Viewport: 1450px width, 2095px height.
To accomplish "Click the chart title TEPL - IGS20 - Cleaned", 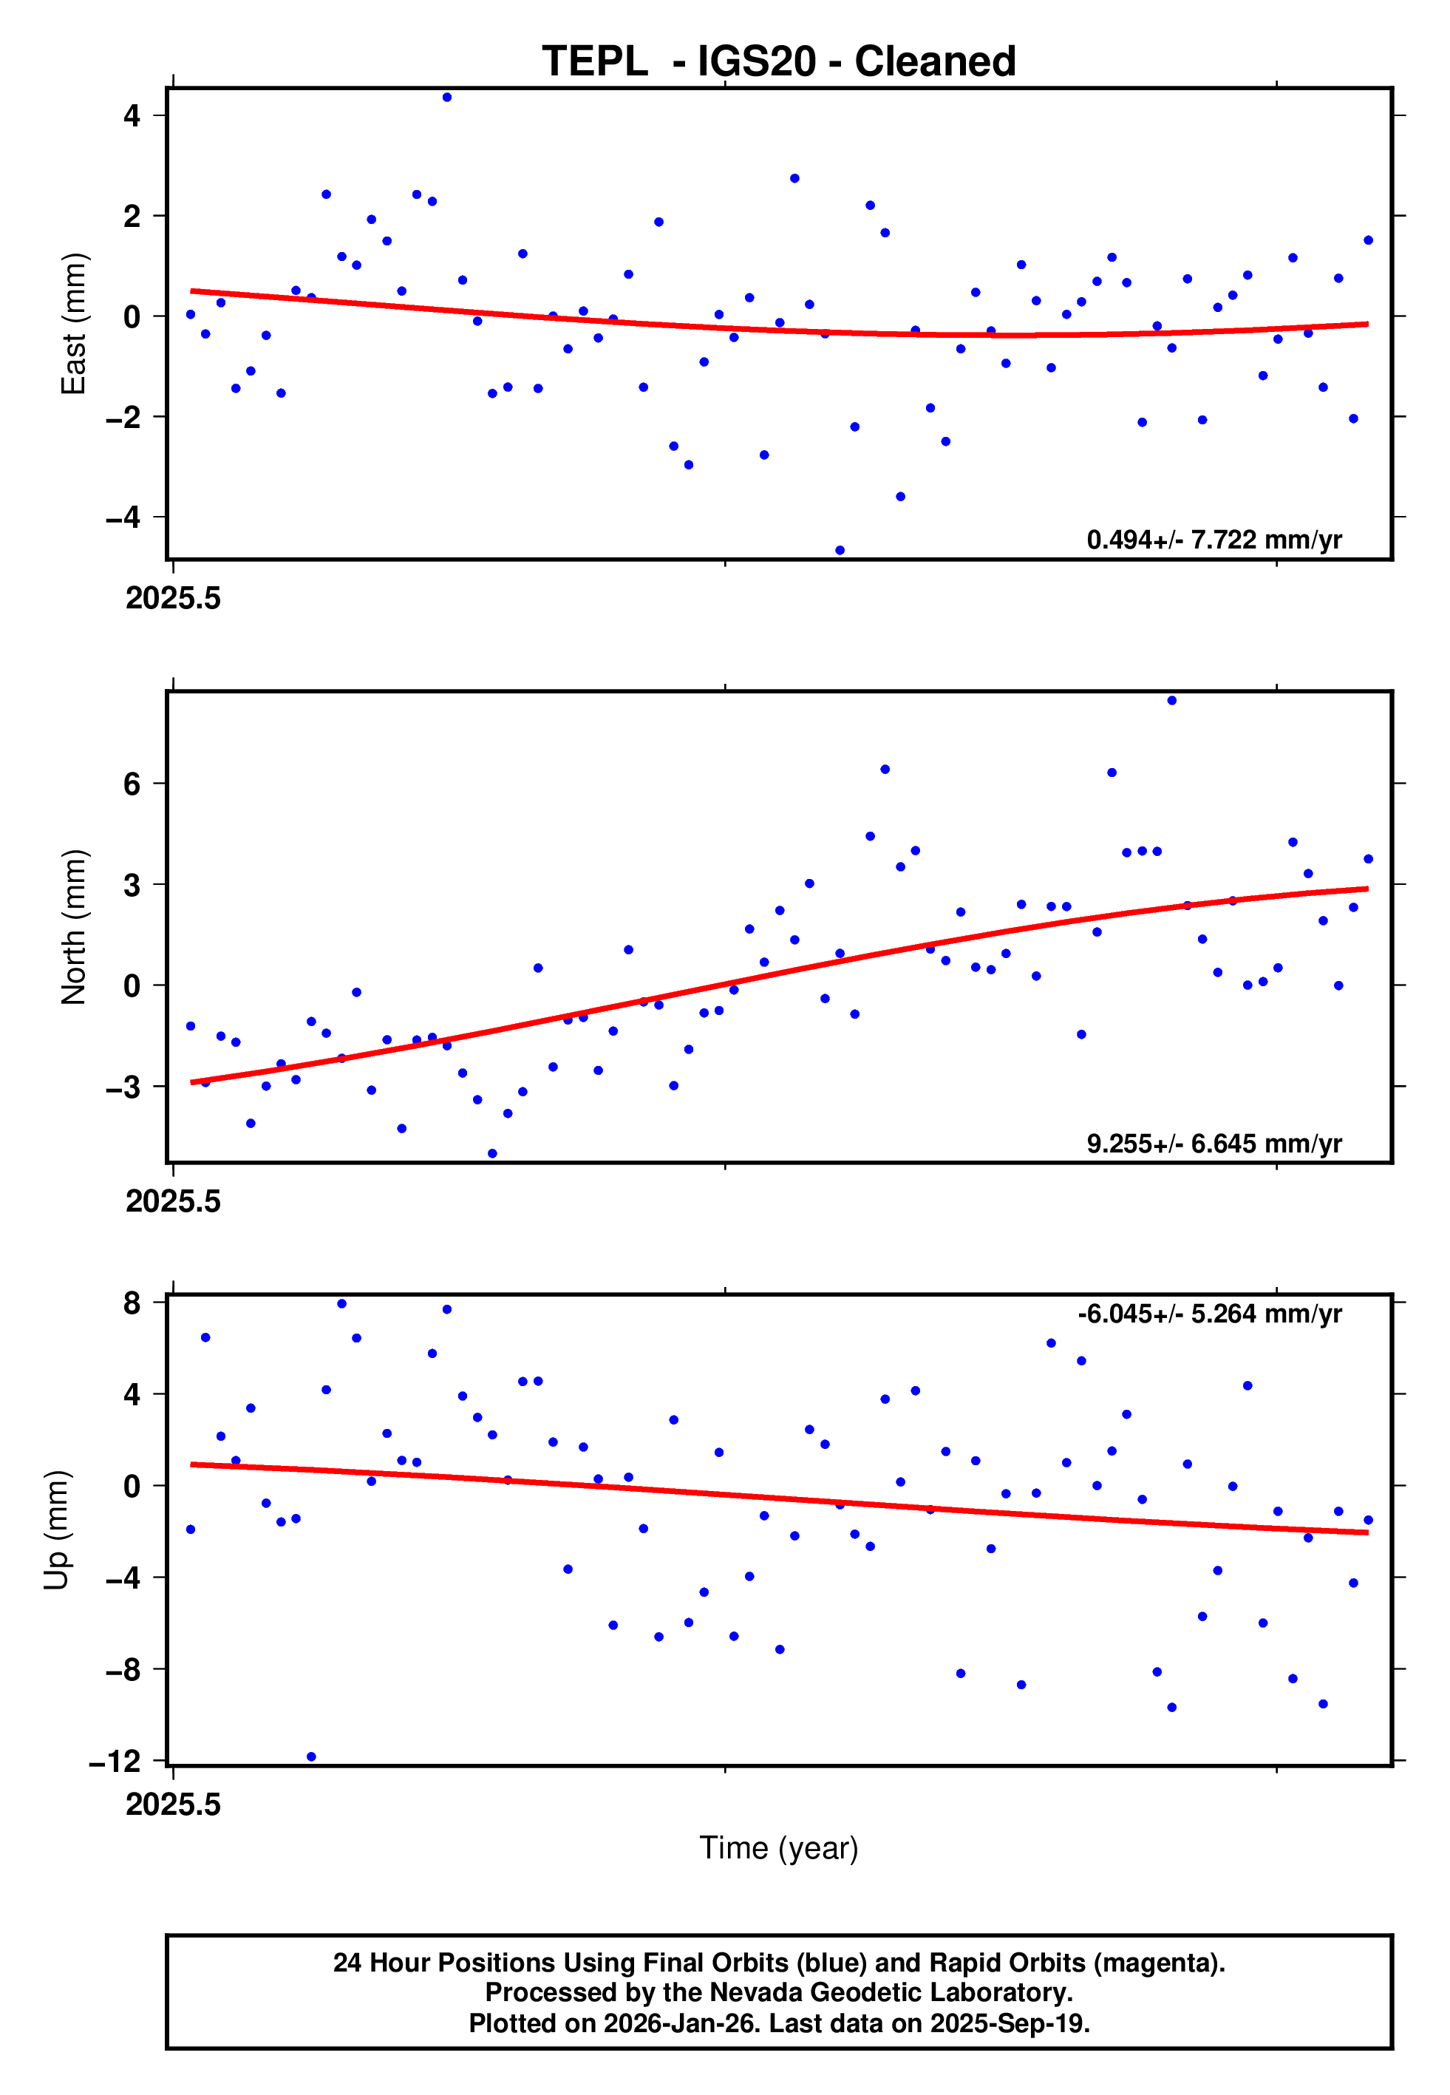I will click(779, 62).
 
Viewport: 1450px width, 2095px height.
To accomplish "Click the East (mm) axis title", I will click(72, 324).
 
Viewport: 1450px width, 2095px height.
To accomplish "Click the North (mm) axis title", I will click(72, 927).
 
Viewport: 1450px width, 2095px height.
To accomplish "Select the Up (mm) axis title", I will click(56, 1530).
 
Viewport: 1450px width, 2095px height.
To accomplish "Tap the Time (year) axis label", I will click(779, 1848).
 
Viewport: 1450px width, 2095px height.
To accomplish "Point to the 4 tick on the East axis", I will click(132, 116).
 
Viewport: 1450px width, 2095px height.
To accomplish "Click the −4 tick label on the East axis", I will click(123, 518).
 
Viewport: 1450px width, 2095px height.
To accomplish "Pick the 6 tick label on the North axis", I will click(132, 784).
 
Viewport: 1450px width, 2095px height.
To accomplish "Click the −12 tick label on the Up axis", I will click(115, 1762).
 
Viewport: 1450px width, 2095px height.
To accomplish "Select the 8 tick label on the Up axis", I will click(132, 1303).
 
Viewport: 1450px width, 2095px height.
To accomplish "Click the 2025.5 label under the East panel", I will click(173, 599).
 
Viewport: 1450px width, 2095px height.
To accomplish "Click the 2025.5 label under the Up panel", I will click(173, 1804).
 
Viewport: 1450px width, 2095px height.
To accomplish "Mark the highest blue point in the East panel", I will click(447, 97).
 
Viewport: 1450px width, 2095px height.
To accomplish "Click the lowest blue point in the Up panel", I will click(312, 1757).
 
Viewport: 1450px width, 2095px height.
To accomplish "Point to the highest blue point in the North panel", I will click(1172, 701).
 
